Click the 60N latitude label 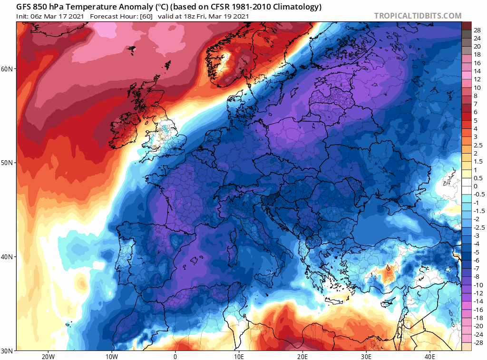click(8, 69)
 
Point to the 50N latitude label click(8, 163)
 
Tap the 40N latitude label click(8, 257)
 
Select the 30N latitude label click(8, 350)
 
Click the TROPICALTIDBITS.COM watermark click(418, 16)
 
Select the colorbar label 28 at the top click(477, 29)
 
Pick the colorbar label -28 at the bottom click(478, 342)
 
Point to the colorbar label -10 click(478, 284)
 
